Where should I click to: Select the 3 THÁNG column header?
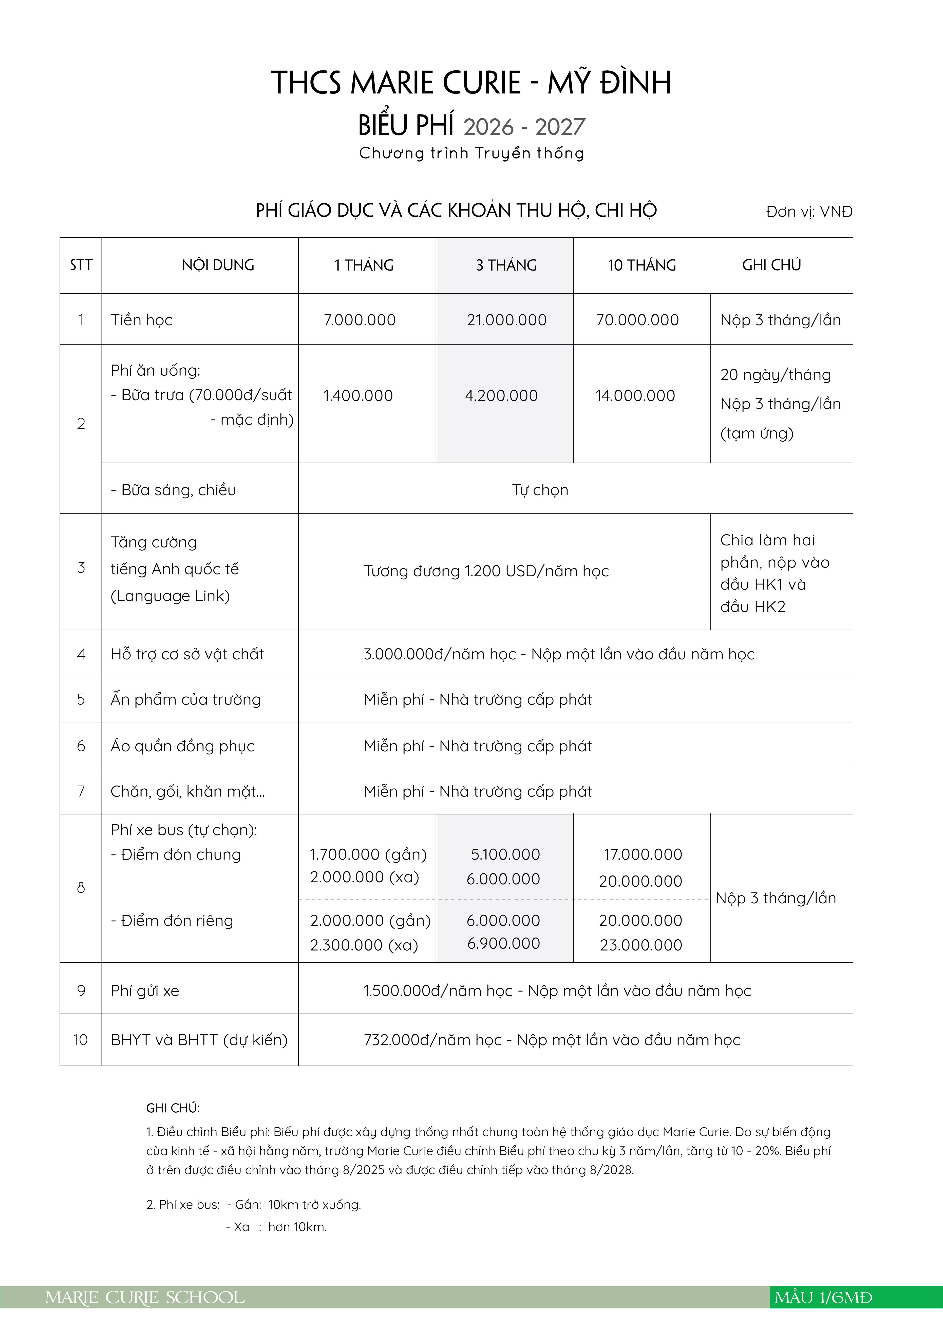click(x=506, y=265)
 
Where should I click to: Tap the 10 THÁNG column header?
click(x=642, y=265)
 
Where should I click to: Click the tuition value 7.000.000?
click(x=360, y=320)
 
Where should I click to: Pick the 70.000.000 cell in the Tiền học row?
click(x=637, y=320)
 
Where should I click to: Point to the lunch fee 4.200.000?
click(x=501, y=396)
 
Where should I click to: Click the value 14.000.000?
click(x=635, y=396)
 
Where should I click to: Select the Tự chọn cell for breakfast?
click(x=540, y=490)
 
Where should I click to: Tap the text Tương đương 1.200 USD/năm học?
click(x=486, y=571)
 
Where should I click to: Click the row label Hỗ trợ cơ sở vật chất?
click(x=187, y=654)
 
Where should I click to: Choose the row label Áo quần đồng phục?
click(x=182, y=746)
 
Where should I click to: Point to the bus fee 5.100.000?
click(x=505, y=855)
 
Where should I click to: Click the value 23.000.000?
click(x=640, y=945)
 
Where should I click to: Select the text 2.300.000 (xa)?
click(x=364, y=945)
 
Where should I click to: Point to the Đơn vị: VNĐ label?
click(x=809, y=212)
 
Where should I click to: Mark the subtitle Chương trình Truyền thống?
click(x=472, y=153)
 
